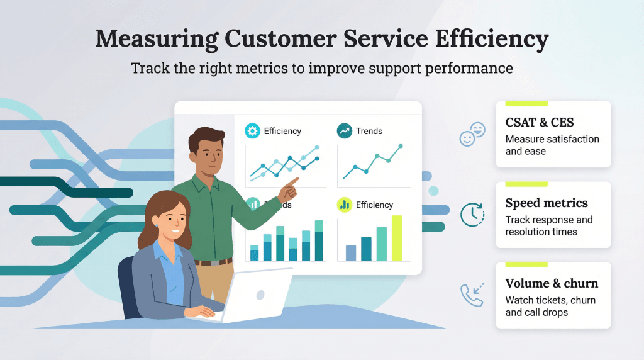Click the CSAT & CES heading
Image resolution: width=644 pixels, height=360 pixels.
(x=540, y=122)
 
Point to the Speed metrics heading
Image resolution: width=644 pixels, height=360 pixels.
(x=547, y=203)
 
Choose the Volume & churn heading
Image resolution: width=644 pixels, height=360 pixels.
(x=552, y=283)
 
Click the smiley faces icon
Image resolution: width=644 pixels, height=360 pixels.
(x=472, y=134)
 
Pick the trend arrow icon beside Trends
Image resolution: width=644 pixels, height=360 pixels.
(x=345, y=131)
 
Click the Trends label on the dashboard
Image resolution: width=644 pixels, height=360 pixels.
(x=369, y=131)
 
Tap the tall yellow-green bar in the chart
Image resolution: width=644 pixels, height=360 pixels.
(x=397, y=238)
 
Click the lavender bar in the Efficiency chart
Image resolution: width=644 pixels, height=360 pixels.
(x=351, y=253)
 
